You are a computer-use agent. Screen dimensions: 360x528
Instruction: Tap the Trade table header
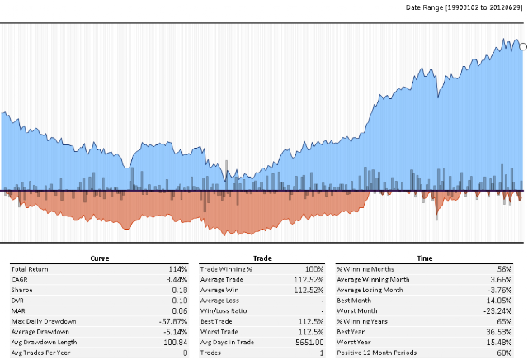coord(262,258)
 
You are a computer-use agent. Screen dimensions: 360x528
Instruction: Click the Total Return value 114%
coord(179,269)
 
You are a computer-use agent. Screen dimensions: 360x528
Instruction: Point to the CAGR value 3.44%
coord(177,279)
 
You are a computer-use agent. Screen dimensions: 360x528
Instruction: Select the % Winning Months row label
coord(365,269)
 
